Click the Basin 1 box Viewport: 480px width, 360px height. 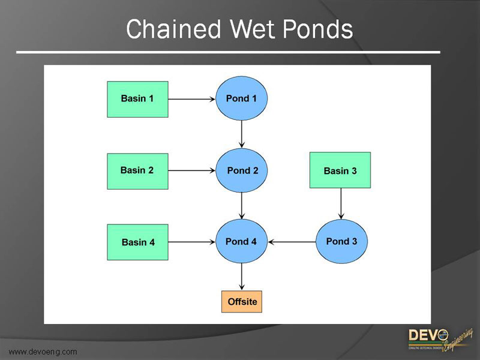[137, 99]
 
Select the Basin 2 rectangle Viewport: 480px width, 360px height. [137, 171]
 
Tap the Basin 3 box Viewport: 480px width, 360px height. [340, 170]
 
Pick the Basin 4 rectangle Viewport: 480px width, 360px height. [137, 242]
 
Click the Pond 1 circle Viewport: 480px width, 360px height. [241, 98]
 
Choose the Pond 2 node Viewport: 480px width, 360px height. [241, 170]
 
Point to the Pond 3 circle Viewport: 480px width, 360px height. [341, 242]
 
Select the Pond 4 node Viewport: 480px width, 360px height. [241, 242]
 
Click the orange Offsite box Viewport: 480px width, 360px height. [242, 301]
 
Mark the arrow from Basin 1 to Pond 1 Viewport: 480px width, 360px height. [192, 99]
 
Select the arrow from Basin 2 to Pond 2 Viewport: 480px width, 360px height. [192, 171]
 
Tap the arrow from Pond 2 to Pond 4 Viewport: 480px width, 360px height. [241, 206]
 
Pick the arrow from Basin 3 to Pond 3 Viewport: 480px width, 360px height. [341, 204]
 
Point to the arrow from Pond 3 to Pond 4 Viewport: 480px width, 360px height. [292, 242]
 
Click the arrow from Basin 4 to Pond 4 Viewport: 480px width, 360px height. [192, 242]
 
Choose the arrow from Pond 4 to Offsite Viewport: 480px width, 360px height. [241, 278]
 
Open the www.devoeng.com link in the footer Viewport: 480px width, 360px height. [43, 352]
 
